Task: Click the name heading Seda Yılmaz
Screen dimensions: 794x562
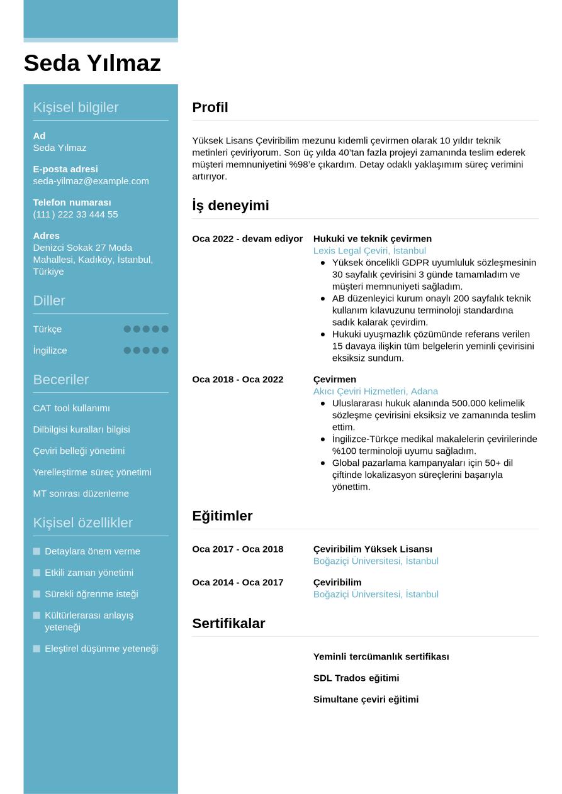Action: pyautogui.click(x=92, y=63)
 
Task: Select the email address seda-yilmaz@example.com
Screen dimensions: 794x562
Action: pyautogui.click(x=91, y=181)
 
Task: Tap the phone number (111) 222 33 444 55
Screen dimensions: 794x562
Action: pyautogui.click(x=75, y=214)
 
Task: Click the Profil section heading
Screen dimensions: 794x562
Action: pyautogui.click(x=210, y=108)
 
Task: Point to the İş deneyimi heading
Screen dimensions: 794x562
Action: pyautogui.click(x=230, y=206)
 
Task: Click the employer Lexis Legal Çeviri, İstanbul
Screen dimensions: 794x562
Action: pyautogui.click(x=369, y=251)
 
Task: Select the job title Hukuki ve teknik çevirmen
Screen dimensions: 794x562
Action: pyautogui.click(x=372, y=239)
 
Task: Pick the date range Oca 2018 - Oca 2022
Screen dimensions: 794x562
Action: pyautogui.click(x=237, y=380)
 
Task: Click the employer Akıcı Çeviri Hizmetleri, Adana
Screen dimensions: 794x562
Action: pyautogui.click(x=375, y=392)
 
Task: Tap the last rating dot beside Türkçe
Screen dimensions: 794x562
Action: pyautogui.click(x=165, y=329)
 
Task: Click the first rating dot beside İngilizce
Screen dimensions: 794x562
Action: pyautogui.click(x=127, y=350)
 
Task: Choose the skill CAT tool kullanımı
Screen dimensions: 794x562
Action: pyautogui.click(x=71, y=409)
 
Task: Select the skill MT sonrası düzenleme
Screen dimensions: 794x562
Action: pyautogui.click(x=81, y=494)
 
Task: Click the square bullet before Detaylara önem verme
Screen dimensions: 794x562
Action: pyautogui.click(x=37, y=551)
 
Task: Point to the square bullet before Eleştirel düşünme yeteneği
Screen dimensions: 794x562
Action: pyautogui.click(x=37, y=649)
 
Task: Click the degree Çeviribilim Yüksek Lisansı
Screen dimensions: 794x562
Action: pyautogui.click(x=373, y=549)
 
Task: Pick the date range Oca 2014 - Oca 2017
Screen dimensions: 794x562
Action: pyautogui.click(x=237, y=583)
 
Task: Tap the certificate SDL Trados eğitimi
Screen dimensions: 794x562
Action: pyautogui.click(x=356, y=678)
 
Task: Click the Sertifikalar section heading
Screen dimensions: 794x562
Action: pyautogui.click(x=228, y=624)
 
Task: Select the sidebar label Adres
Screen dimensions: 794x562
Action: pyautogui.click(x=46, y=236)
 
